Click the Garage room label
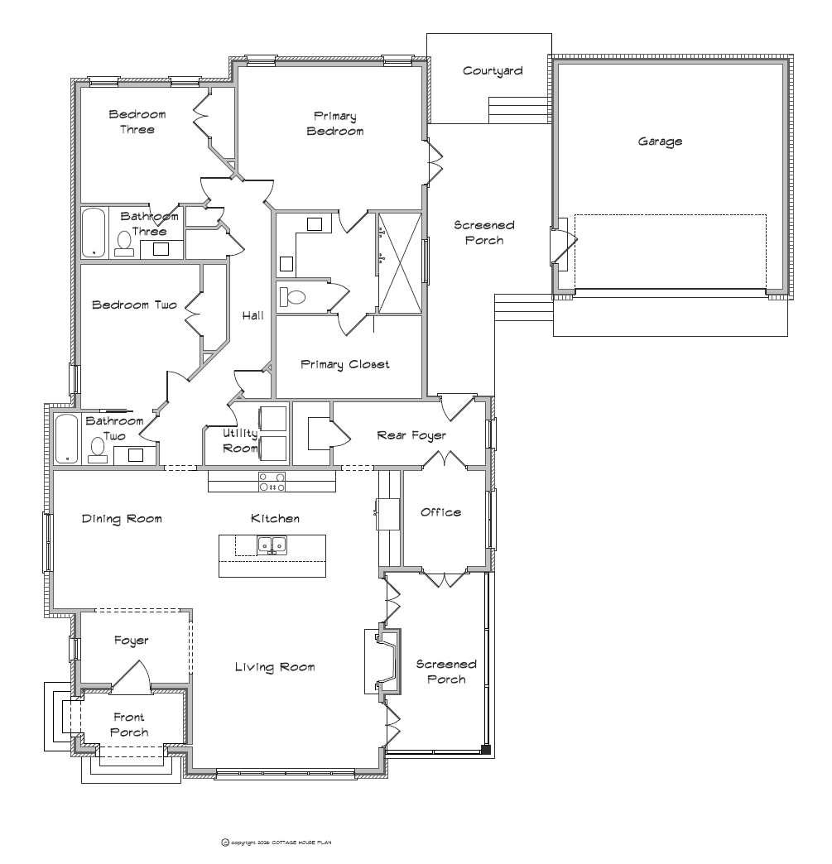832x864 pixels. coord(660,142)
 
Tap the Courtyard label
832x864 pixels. coord(493,71)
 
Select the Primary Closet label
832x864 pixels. coord(344,364)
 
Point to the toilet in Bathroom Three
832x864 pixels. coord(124,244)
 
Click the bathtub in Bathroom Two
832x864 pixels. coord(67,439)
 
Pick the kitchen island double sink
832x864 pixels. coord(272,545)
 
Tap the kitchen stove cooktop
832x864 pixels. coord(272,482)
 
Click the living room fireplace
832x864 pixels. coord(382,661)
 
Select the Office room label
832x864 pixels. coord(440,512)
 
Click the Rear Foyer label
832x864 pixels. coord(411,436)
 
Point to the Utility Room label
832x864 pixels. coord(240,441)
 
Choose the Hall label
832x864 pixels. coord(253,316)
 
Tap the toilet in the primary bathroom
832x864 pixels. coord(293,297)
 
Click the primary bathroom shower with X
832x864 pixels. coord(400,263)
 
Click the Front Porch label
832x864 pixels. coord(129,725)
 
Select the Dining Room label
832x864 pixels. coord(122,519)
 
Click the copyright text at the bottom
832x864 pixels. coord(277,842)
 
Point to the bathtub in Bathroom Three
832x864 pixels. coord(94,233)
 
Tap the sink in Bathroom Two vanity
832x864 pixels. coord(135,455)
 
